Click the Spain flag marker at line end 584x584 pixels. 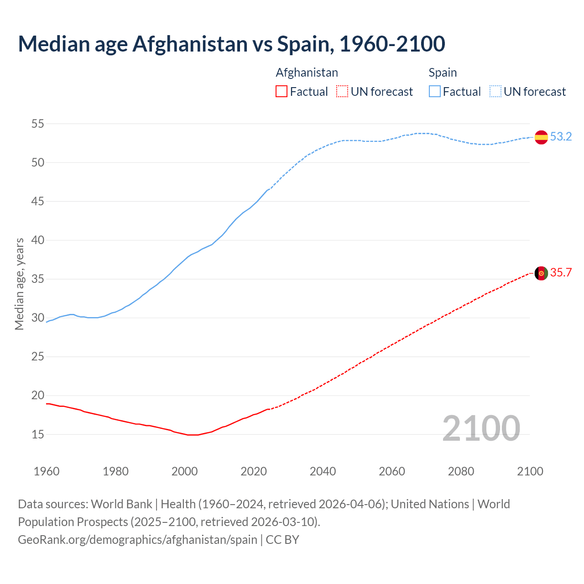(x=541, y=137)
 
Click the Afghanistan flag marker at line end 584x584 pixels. (x=541, y=273)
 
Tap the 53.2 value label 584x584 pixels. (x=561, y=136)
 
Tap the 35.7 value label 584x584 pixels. (x=561, y=272)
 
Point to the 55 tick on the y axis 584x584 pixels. (x=38, y=124)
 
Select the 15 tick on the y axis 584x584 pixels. (x=38, y=434)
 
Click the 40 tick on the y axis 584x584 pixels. (x=38, y=240)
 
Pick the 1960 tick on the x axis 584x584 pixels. (x=47, y=471)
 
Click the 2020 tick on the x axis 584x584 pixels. (x=254, y=471)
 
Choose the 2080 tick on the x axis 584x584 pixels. (x=461, y=471)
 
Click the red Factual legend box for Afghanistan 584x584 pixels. (x=282, y=92)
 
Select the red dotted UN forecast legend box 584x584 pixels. (x=342, y=92)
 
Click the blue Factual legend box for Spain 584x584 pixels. (x=434, y=92)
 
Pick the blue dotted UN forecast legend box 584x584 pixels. (x=495, y=92)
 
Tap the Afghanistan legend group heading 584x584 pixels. (x=307, y=73)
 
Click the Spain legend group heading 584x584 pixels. (x=443, y=73)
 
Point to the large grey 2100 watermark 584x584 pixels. (x=481, y=428)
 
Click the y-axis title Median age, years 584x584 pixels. (x=19, y=284)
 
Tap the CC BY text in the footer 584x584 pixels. (x=282, y=539)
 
